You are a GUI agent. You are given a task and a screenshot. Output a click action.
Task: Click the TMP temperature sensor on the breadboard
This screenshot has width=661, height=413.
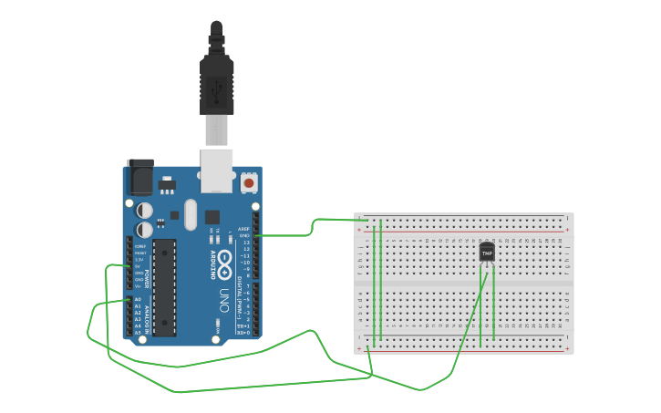[487, 251]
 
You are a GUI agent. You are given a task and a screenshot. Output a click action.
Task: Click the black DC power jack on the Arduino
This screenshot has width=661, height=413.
[140, 176]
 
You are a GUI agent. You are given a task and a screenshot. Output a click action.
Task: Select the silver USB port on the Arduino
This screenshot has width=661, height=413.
[217, 170]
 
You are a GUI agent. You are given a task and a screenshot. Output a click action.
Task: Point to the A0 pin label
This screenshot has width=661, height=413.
[139, 299]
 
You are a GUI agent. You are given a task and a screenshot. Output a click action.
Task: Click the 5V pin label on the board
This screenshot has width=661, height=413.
[139, 266]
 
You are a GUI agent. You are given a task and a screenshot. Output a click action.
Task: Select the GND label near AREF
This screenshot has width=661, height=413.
[244, 236]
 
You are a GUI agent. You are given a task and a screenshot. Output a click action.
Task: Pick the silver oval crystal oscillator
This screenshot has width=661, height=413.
[190, 215]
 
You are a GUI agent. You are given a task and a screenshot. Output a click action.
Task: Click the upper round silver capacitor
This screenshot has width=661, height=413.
[144, 209]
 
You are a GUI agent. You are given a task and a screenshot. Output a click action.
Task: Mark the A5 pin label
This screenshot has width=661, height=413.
[139, 332]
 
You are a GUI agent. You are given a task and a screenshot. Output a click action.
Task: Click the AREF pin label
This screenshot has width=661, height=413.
[243, 229]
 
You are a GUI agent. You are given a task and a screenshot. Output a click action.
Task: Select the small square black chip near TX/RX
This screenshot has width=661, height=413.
[212, 218]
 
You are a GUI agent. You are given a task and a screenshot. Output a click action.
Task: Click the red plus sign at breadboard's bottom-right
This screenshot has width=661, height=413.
[567, 348]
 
